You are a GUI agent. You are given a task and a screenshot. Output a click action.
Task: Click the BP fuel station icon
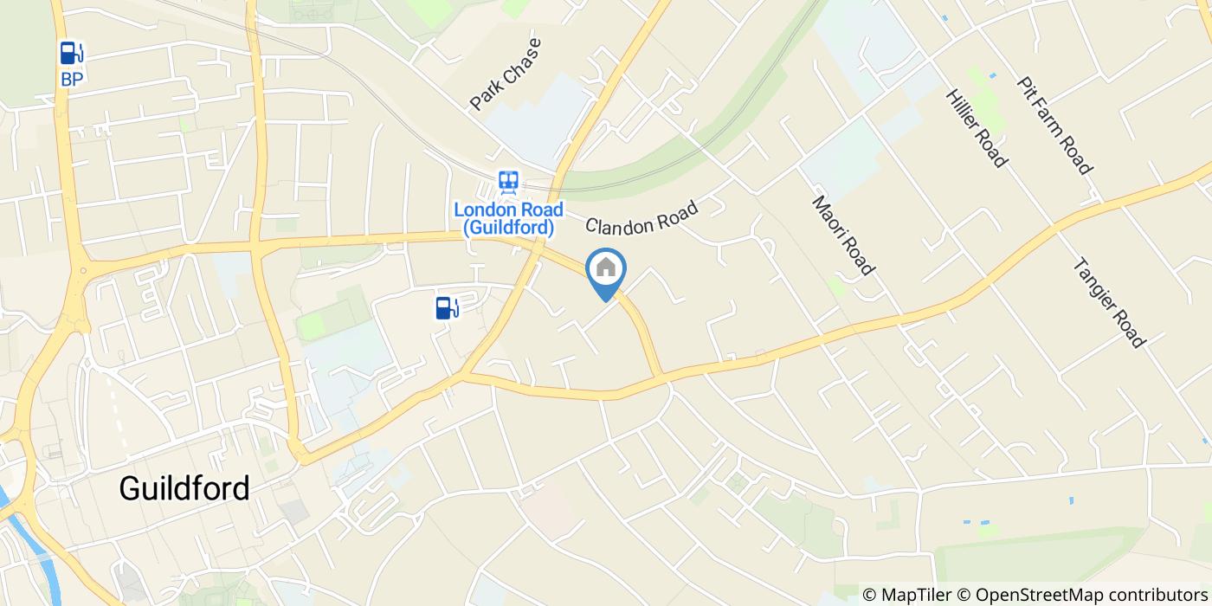coord(72,54)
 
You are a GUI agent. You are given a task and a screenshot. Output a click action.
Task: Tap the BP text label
coord(72,80)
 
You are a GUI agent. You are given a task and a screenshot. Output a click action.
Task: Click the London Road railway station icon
coord(508,183)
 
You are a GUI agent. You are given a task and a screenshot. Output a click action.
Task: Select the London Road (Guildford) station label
coord(508,219)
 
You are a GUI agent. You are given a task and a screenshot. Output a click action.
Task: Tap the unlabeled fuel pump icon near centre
coord(447,306)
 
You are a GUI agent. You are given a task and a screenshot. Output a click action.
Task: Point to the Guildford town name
coord(184,488)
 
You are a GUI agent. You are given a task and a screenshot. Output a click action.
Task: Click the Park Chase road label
coord(506,74)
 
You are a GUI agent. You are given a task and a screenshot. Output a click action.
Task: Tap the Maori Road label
coord(841,235)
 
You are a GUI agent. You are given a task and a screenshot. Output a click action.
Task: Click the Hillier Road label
coord(977,127)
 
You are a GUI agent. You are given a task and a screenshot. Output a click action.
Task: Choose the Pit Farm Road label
coord(1054,124)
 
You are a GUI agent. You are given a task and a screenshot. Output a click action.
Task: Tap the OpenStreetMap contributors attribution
coord(1089,595)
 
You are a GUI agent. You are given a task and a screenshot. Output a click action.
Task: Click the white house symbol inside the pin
coord(606,268)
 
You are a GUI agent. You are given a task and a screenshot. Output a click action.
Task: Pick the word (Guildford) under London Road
coord(508,229)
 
